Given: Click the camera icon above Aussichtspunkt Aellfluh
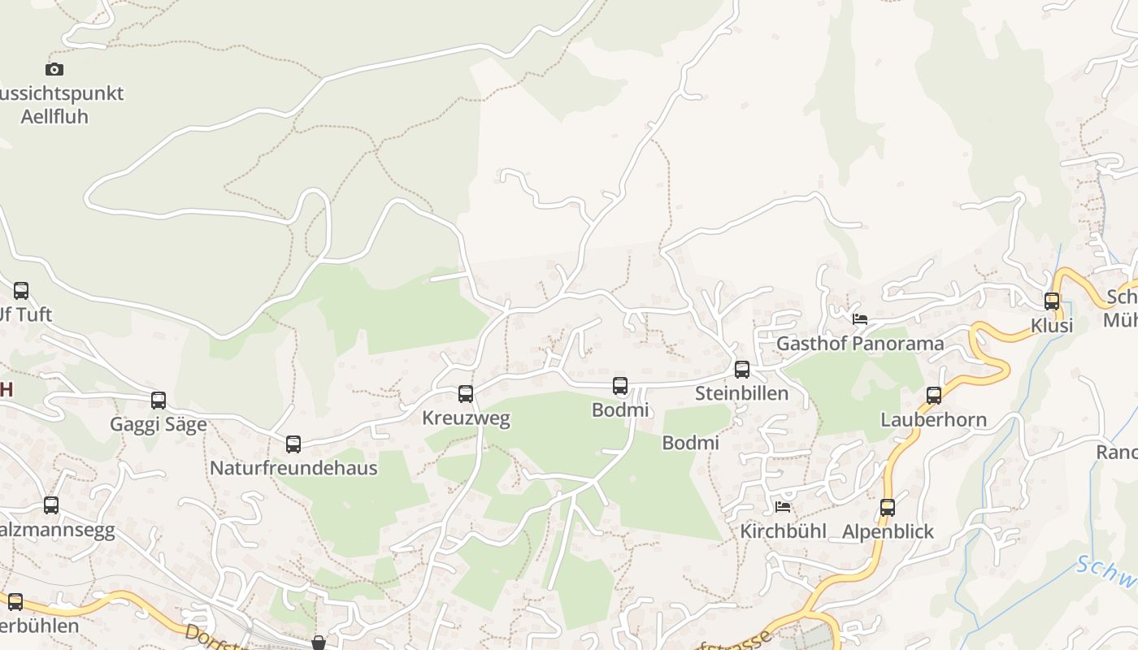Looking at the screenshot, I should coord(54,70).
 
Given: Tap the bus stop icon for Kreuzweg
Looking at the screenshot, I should coord(466,394).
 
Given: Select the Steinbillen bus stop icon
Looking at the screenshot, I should coord(742,370).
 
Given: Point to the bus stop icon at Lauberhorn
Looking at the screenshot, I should coord(934,396).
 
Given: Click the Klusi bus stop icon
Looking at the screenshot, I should coord(1052,301).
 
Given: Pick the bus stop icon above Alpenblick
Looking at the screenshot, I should coord(888,508).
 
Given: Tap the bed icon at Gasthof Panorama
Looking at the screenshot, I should coord(860,318).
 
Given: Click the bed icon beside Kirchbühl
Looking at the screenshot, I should coord(783,506).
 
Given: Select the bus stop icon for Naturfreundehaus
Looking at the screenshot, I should coord(293,444).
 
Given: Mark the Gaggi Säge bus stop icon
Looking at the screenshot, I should coord(159,401).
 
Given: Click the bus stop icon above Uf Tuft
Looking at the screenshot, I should coord(21,291).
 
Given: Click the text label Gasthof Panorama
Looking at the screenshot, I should coord(860,344).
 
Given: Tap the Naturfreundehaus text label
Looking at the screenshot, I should coord(293,469).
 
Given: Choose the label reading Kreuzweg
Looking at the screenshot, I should coord(466,418).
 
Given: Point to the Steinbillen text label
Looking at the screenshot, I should coord(742,394).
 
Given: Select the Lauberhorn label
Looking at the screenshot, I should coord(934,420).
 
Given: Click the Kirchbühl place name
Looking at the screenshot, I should coord(783,531).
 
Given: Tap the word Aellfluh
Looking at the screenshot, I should coord(54,117).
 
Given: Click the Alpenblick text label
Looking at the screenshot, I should coord(888,532).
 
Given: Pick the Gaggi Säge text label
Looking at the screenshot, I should coord(159,425).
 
